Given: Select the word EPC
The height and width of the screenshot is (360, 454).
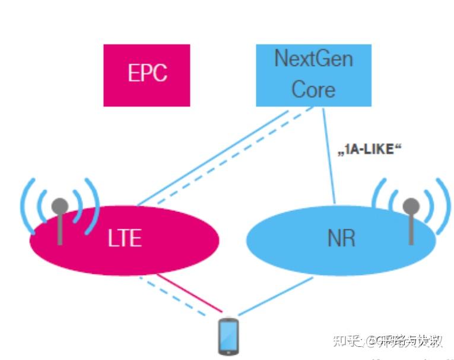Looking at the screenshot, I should [x=147, y=74].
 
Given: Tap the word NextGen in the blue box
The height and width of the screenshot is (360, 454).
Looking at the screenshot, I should [x=313, y=59].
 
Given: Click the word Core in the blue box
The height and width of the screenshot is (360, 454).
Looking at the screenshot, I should [x=313, y=90].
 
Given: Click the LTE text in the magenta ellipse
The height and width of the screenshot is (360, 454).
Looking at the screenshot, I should [x=125, y=238].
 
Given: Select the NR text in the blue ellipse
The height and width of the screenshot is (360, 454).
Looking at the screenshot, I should [x=341, y=238].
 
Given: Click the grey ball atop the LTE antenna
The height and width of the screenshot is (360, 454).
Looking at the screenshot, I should [x=59, y=206].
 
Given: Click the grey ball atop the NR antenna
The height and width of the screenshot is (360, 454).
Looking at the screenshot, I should [x=411, y=206].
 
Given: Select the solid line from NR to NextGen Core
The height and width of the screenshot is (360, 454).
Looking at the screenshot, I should [x=329, y=154].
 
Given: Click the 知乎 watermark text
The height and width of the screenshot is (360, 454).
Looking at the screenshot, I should [x=347, y=341].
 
